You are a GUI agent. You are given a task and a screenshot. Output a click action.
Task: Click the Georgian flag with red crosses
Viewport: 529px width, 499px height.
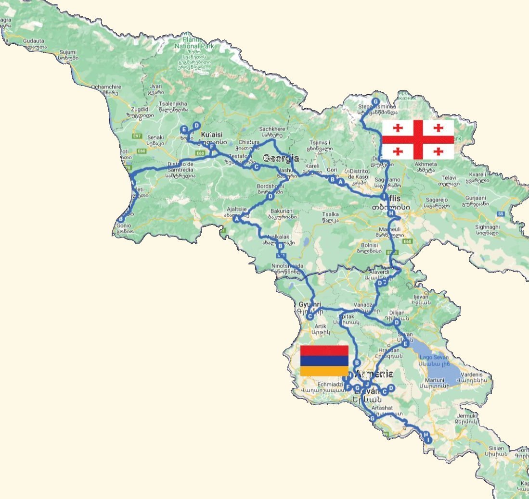point(418,139)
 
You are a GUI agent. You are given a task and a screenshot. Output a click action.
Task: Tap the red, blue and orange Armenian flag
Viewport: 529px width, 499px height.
point(324,361)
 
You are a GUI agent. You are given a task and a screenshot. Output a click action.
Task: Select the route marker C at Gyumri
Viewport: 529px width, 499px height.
point(310,316)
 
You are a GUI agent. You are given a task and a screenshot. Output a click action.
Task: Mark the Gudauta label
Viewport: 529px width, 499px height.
point(33,41)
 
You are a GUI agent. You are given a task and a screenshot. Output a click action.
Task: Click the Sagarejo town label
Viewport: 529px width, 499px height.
point(435,200)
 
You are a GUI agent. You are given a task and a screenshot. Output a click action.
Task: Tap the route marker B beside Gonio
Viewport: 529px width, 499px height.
point(120,220)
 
